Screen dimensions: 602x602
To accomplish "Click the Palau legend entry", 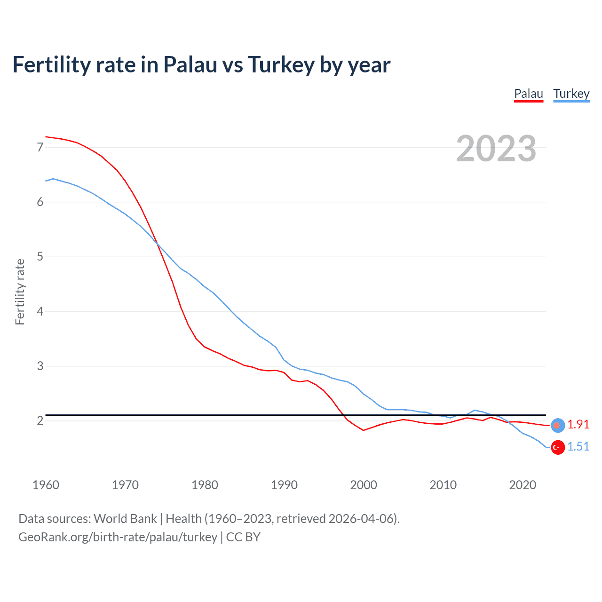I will pos(529,94).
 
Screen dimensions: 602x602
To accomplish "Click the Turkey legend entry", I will pos(571,94).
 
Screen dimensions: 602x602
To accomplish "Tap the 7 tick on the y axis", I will pos(40,147).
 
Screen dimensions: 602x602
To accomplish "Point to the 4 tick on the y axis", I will pos(40,311).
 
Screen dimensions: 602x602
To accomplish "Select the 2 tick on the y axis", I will pos(40,420).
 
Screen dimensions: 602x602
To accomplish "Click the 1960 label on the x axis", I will pos(46,485).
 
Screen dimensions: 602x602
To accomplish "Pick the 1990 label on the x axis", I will pos(284,485).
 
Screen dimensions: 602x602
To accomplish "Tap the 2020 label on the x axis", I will pos(523,485).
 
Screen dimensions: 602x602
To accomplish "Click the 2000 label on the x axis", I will pos(364,485).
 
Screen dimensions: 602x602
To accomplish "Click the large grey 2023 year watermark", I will pos(496,149).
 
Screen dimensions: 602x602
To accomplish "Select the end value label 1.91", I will pos(578,424).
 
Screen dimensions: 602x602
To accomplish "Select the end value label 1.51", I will pos(578,446).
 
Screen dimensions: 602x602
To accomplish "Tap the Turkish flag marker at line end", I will pos(558,447).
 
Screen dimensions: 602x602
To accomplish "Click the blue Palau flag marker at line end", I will pos(558,425).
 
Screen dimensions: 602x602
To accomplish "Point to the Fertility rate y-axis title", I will pos(20,292).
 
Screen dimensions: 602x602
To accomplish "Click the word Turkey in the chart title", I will pos(281,65).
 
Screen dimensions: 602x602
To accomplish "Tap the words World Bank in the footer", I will pos(125,518).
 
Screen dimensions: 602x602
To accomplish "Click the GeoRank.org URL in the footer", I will pos(118,537).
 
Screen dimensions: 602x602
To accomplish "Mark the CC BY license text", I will pos(243,537).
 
